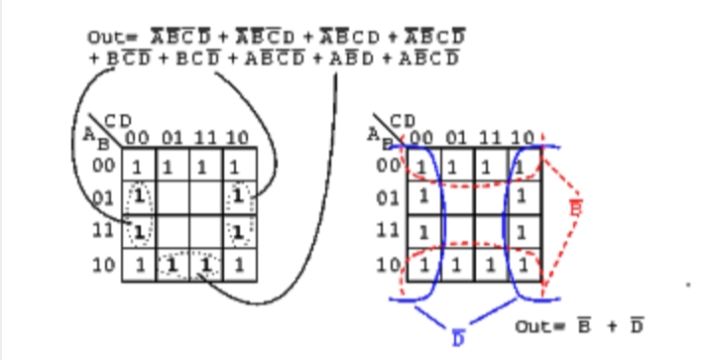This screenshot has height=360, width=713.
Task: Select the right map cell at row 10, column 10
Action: (521, 266)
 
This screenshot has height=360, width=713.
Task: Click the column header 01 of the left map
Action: (172, 137)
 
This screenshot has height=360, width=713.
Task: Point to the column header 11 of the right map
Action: (488, 137)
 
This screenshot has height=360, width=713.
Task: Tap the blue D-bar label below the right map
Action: (458, 339)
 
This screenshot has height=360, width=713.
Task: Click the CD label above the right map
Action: (402, 120)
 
